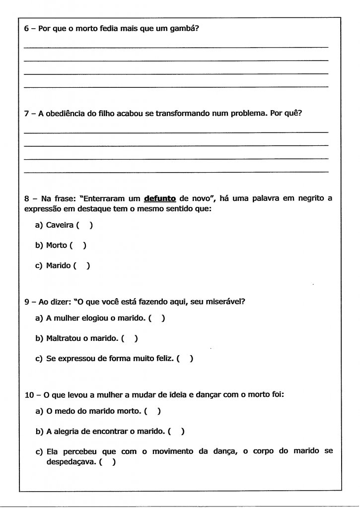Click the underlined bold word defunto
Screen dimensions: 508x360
(x=160, y=198)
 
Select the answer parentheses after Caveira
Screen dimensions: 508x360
(x=84, y=225)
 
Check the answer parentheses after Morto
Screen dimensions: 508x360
(x=78, y=245)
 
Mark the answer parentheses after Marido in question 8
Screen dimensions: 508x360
(x=81, y=265)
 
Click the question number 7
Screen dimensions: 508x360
(x=27, y=113)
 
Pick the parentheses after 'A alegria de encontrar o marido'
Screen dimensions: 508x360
(x=176, y=432)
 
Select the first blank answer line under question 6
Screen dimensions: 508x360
(x=176, y=47)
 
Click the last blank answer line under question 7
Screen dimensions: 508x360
(x=176, y=172)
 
